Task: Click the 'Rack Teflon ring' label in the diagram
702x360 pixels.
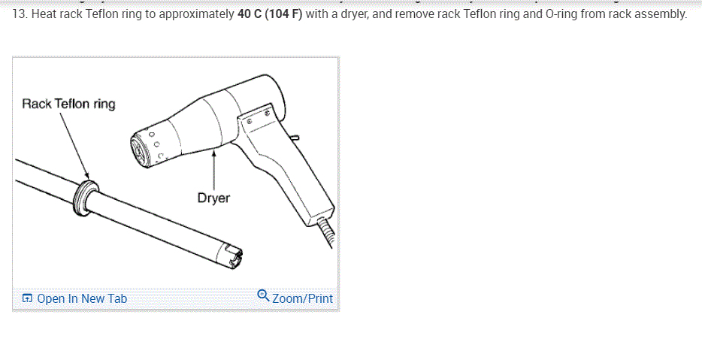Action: pos(68,104)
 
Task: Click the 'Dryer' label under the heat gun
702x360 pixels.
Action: pos(213,198)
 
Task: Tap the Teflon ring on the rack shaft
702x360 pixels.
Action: pos(85,198)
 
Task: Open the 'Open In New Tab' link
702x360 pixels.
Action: pos(74,298)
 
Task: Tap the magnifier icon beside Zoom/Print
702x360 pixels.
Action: pos(263,295)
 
